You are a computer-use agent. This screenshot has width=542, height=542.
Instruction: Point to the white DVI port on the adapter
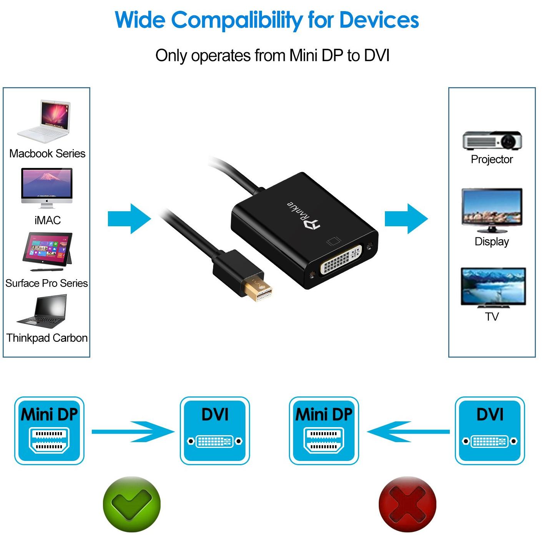[341, 260]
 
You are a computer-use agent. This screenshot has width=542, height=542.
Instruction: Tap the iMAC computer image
[47, 188]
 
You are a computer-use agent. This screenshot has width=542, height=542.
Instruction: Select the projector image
[492, 140]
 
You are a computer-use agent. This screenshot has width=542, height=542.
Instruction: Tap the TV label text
[492, 317]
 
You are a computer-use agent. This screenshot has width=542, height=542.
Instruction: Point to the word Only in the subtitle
[171, 56]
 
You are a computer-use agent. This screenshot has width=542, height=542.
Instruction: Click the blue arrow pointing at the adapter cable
[129, 219]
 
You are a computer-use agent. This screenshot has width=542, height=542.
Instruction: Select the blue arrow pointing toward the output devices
[406, 219]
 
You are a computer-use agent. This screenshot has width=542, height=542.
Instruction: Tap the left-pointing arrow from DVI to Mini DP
[408, 432]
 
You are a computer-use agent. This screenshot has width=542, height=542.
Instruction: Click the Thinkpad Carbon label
[47, 338]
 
